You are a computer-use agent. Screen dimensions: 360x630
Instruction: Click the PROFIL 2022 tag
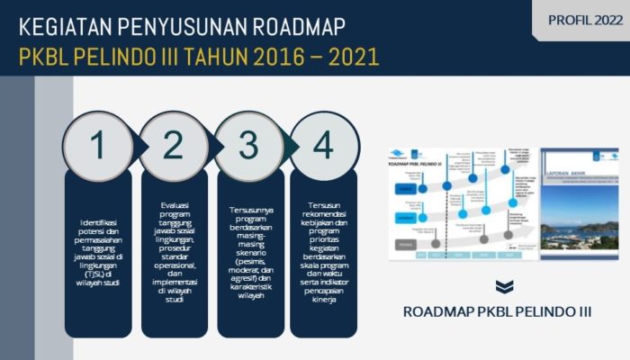tap(583, 20)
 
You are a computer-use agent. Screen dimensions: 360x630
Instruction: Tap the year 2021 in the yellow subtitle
tap(345, 58)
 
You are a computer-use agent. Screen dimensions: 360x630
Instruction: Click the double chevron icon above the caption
tap(505, 287)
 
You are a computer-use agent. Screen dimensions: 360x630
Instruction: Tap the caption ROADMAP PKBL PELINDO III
tap(497, 312)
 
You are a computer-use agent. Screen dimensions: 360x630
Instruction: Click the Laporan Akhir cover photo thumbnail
tap(580, 203)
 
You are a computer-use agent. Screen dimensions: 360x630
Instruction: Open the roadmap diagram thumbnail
tap(461, 203)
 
